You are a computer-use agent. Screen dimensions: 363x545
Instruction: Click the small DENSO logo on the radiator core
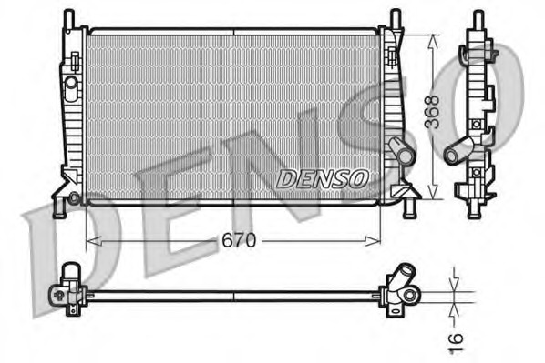tap(322, 178)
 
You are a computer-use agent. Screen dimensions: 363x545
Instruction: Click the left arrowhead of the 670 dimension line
tap(90, 241)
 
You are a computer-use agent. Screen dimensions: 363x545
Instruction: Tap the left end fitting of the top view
tap(66, 289)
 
